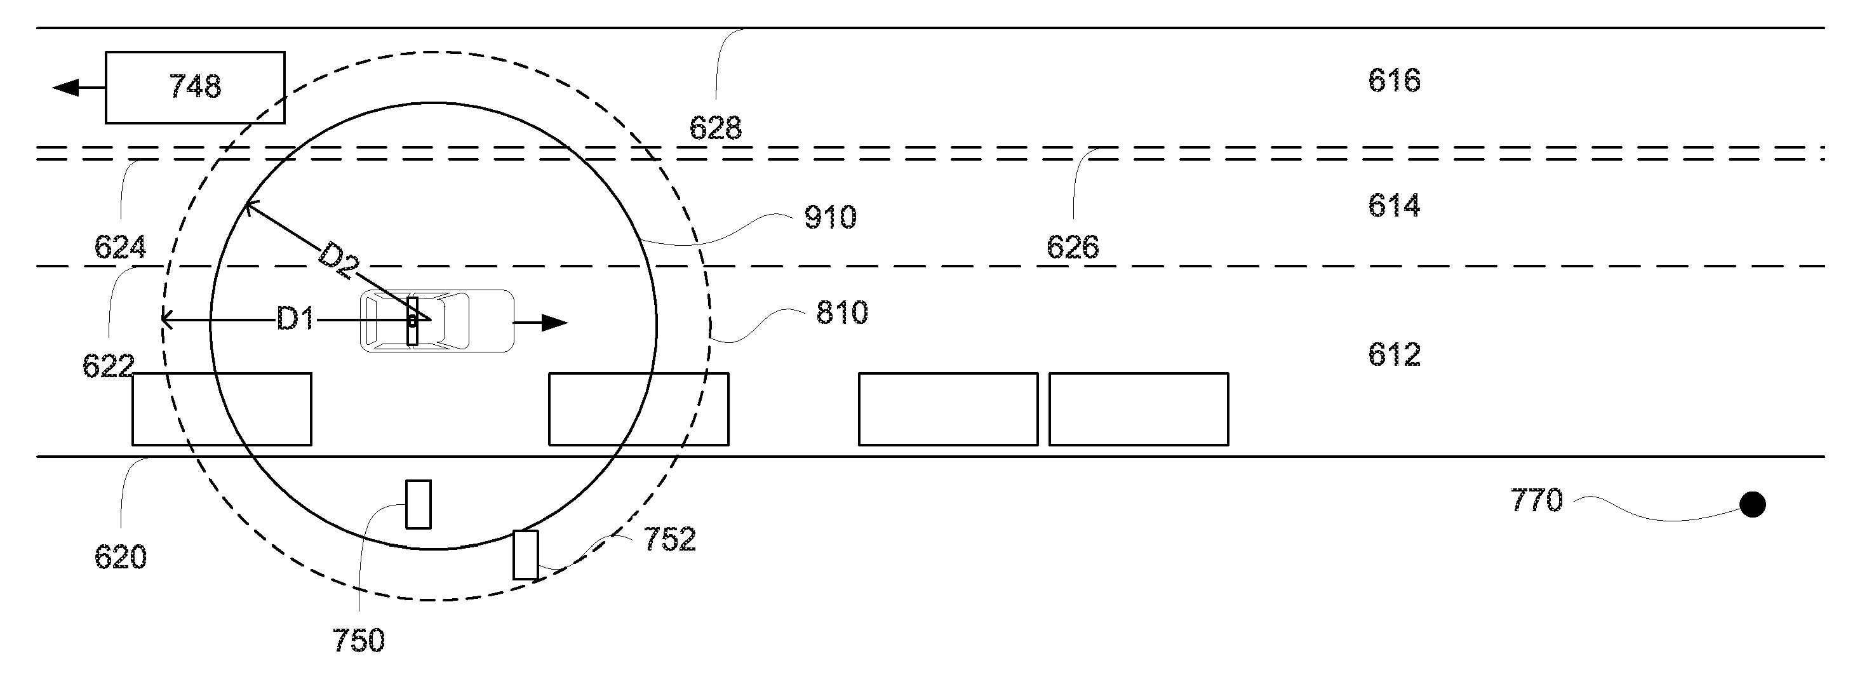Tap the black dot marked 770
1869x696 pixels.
point(1753,504)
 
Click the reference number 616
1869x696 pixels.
point(1394,80)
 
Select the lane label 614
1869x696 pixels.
point(1394,205)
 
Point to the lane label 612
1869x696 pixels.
point(1394,354)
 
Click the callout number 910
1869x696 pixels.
point(830,217)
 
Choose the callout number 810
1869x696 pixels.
point(841,312)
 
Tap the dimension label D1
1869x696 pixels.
point(295,318)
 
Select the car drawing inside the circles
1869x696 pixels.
point(437,321)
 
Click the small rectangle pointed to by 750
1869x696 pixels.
point(418,504)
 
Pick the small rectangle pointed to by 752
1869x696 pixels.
point(526,555)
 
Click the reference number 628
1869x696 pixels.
point(715,128)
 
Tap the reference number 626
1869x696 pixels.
point(1073,248)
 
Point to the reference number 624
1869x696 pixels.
point(121,248)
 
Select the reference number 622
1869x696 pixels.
point(108,366)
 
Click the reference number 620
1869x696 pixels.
point(121,557)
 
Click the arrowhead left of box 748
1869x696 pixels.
point(65,88)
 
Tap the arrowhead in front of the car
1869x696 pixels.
point(554,322)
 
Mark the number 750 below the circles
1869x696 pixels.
point(358,640)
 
